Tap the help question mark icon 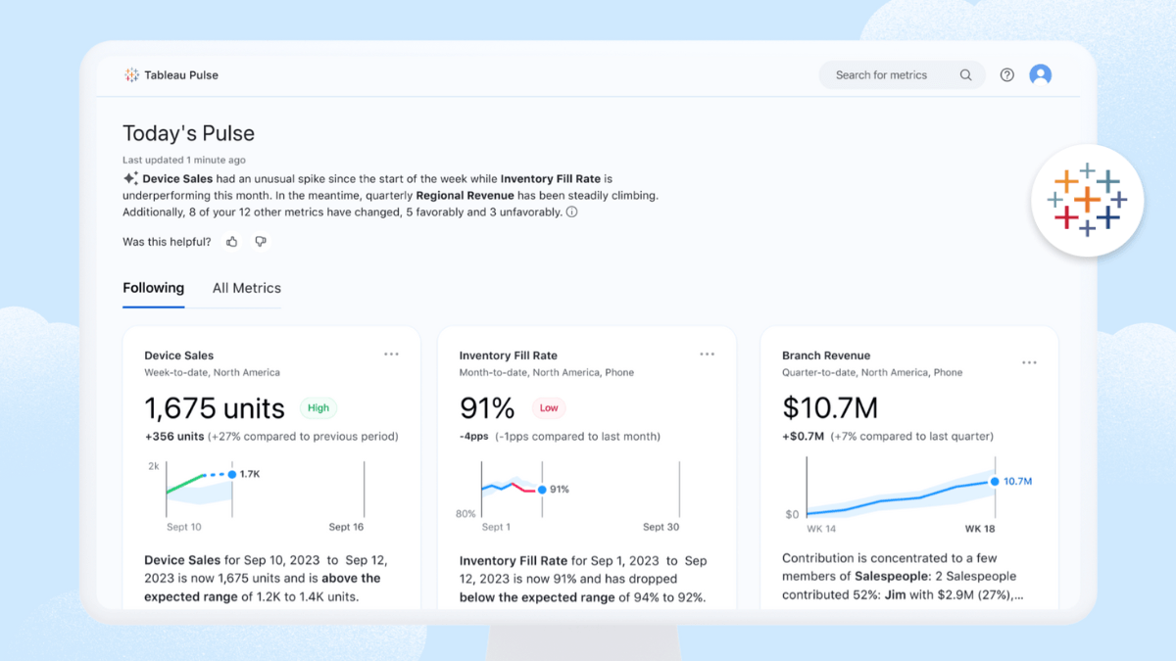(x=1006, y=75)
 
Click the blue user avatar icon (x=1040, y=74)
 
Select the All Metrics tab (x=246, y=288)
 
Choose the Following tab (x=153, y=288)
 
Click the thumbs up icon (x=232, y=242)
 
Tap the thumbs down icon (x=261, y=242)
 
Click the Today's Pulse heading (x=188, y=133)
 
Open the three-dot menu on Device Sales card (x=391, y=354)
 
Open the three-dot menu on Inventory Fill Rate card (x=707, y=354)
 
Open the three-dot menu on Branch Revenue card (x=1029, y=362)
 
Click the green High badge (x=318, y=408)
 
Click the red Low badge (x=549, y=408)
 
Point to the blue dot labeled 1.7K (x=232, y=474)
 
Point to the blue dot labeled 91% (x=542, y=489)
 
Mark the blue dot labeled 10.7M (x=995, y=481)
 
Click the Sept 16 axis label (x=346, y=527)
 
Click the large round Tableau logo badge (x=1087, y=201)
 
